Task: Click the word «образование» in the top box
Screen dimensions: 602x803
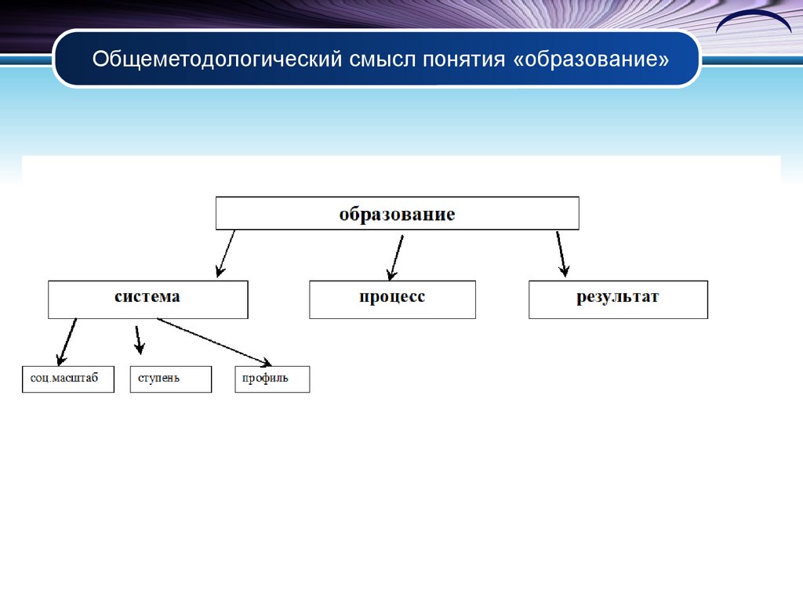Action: pos(397,214)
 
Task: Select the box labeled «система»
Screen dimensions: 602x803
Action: pos(147,299)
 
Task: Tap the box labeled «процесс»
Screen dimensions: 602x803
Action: pos(392,299)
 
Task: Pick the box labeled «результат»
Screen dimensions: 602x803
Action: pos(618,299)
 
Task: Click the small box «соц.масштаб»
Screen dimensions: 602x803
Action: pos(68,379)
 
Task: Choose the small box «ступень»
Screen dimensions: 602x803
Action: pos(170,379)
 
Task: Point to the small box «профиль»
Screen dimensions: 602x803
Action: pos(272,379)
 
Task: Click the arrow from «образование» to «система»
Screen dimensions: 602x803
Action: pos(226,252)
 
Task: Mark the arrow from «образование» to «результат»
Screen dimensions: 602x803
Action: pos(561,252)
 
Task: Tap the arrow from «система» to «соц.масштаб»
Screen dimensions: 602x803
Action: pos(67,342)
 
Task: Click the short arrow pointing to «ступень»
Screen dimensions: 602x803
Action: pos(139,339)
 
